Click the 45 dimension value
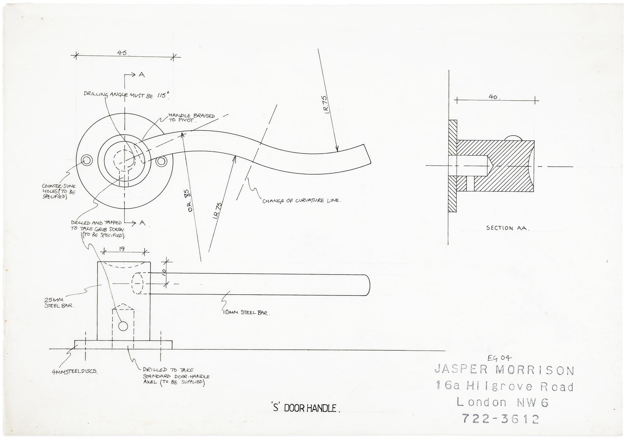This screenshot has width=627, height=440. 122,53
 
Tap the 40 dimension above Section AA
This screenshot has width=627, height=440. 493,97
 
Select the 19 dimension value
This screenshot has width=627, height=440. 122,249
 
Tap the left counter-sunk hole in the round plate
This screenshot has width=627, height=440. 87,160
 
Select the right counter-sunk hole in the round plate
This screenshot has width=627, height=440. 161,161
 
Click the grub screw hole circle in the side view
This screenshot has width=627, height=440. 123,326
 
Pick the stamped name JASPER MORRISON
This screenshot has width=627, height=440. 504,370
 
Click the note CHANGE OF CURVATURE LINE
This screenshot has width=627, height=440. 301,200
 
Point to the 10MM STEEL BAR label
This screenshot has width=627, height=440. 246,312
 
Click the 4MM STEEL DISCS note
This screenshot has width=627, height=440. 75,372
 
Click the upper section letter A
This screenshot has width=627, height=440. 142,75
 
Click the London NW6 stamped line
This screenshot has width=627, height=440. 502,402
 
